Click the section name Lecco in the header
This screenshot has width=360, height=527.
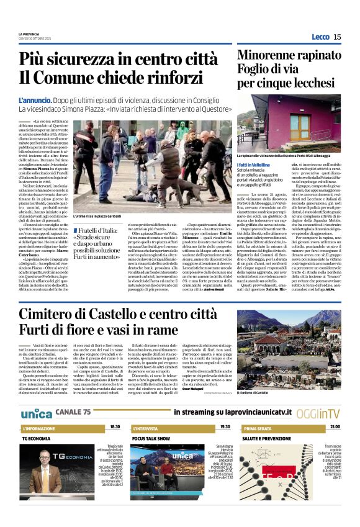[320, 37]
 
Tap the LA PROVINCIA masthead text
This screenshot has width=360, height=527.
[29, 34]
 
